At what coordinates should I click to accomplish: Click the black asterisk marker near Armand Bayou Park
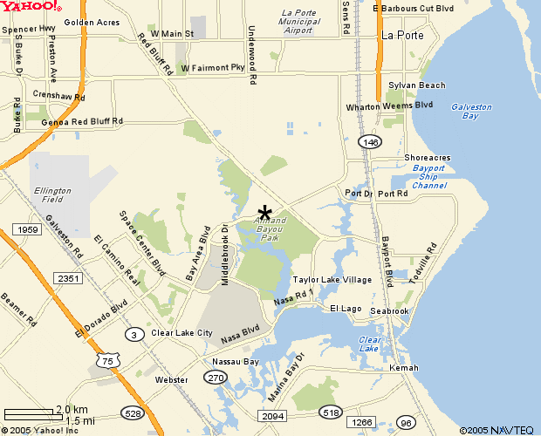click(x=265, y=213)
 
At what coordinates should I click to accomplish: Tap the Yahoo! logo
click(x=31, y=6)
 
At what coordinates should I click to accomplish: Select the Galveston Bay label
click(x=471, y=112)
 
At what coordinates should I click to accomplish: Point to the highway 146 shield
click(x=370, y=141)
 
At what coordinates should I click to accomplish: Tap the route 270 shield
click(x=215, y=377)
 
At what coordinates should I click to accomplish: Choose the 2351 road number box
click(x=67, y=277)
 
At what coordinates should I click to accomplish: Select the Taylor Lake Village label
click(x=332, y=280)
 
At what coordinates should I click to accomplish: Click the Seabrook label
click(x=389, y=311)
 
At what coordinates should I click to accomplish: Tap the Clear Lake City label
click(x=181, y=333)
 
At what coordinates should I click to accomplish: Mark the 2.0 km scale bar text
click(x=72, y=409)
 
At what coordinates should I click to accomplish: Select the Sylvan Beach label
click(x=417, y=85)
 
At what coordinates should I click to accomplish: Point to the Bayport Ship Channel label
click(x=429, y=176)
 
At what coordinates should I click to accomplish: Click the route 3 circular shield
click(x=134, y=334)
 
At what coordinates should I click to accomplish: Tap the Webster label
click(x=171, y=380)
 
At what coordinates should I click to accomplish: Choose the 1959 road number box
click(x=26, y=229)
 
